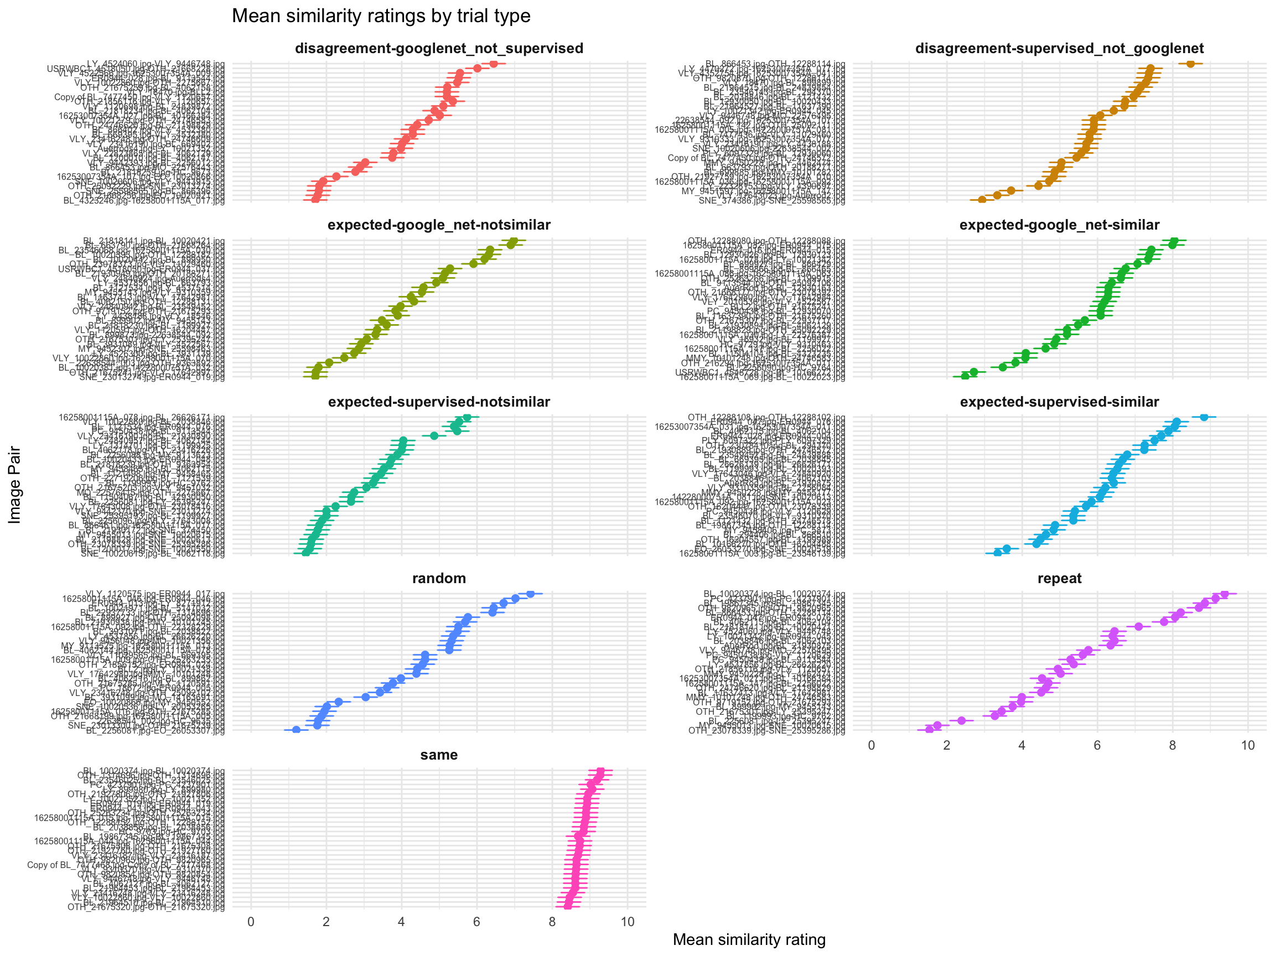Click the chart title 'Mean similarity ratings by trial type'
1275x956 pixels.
[x=380, y=15]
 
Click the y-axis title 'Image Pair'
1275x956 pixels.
[x=14, y=485]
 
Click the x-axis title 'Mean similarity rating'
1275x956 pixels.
[x=749, y=939]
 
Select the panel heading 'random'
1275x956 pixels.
[x=439, y=578]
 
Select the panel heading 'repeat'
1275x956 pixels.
[x=1059, y=578]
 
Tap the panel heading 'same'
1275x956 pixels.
[x=439, y=755]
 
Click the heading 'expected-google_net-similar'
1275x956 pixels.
[x=1059, y=225]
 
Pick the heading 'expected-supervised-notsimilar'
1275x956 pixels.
[x=439, y=402]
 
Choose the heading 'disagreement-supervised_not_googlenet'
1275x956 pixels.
[x=1059, y=48]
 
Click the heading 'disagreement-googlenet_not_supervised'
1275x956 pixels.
[x=439, y=48]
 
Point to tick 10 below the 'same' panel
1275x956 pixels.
[x=627, y=922]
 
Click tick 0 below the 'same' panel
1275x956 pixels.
[x=251, y=922]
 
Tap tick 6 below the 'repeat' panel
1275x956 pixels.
[x=1097, y=745]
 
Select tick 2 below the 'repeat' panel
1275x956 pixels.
[x=946, y=745]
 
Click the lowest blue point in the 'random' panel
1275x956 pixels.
[x=296, y=730]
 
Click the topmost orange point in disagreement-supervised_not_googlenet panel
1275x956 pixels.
[x=1190, y=64]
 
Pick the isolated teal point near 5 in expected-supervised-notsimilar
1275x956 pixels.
[x=434, y=435]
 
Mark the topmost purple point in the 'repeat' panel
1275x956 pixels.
[x=1224, y=594]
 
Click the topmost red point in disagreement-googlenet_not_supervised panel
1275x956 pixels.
[x=494, y=64]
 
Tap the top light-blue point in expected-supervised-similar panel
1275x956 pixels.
[x=1204, y=417]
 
